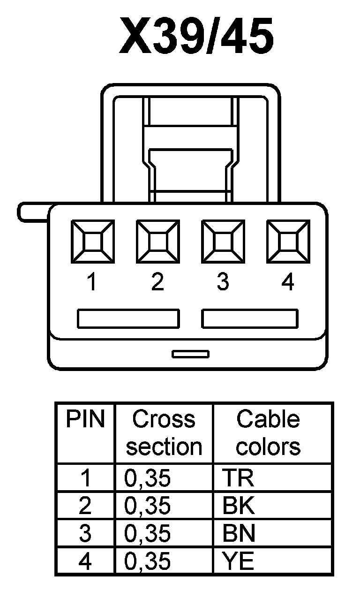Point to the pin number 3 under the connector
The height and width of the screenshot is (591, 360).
tap(223, 282)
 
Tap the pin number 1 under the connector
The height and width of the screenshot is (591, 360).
tap(93, 282)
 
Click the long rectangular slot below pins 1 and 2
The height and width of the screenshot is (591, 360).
tap(128, 319)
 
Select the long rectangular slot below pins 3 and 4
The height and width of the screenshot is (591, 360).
tap(250, 319)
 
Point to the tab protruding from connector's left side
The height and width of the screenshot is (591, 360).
tap(33, 212)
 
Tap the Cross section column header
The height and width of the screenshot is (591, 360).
tap(164, 432)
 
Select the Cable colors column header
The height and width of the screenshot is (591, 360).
tap(268, 432)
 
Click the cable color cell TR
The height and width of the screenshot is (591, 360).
tap(239, 478)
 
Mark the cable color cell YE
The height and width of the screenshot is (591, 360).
tap(239, 561)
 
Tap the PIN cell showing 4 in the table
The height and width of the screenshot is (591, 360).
tap(85, 561)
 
